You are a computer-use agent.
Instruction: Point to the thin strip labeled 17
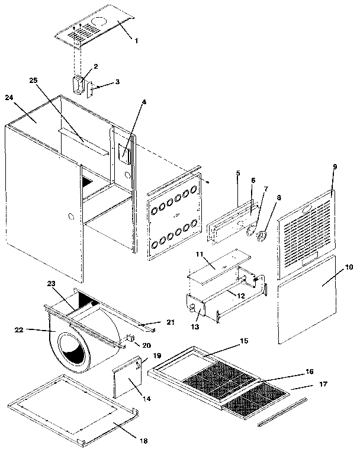[x=282, y=415]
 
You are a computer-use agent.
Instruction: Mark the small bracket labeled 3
[x=91, y=91]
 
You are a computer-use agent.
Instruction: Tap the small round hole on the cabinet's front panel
[x=71, y=217]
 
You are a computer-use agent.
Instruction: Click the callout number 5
[x=237, y=173]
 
